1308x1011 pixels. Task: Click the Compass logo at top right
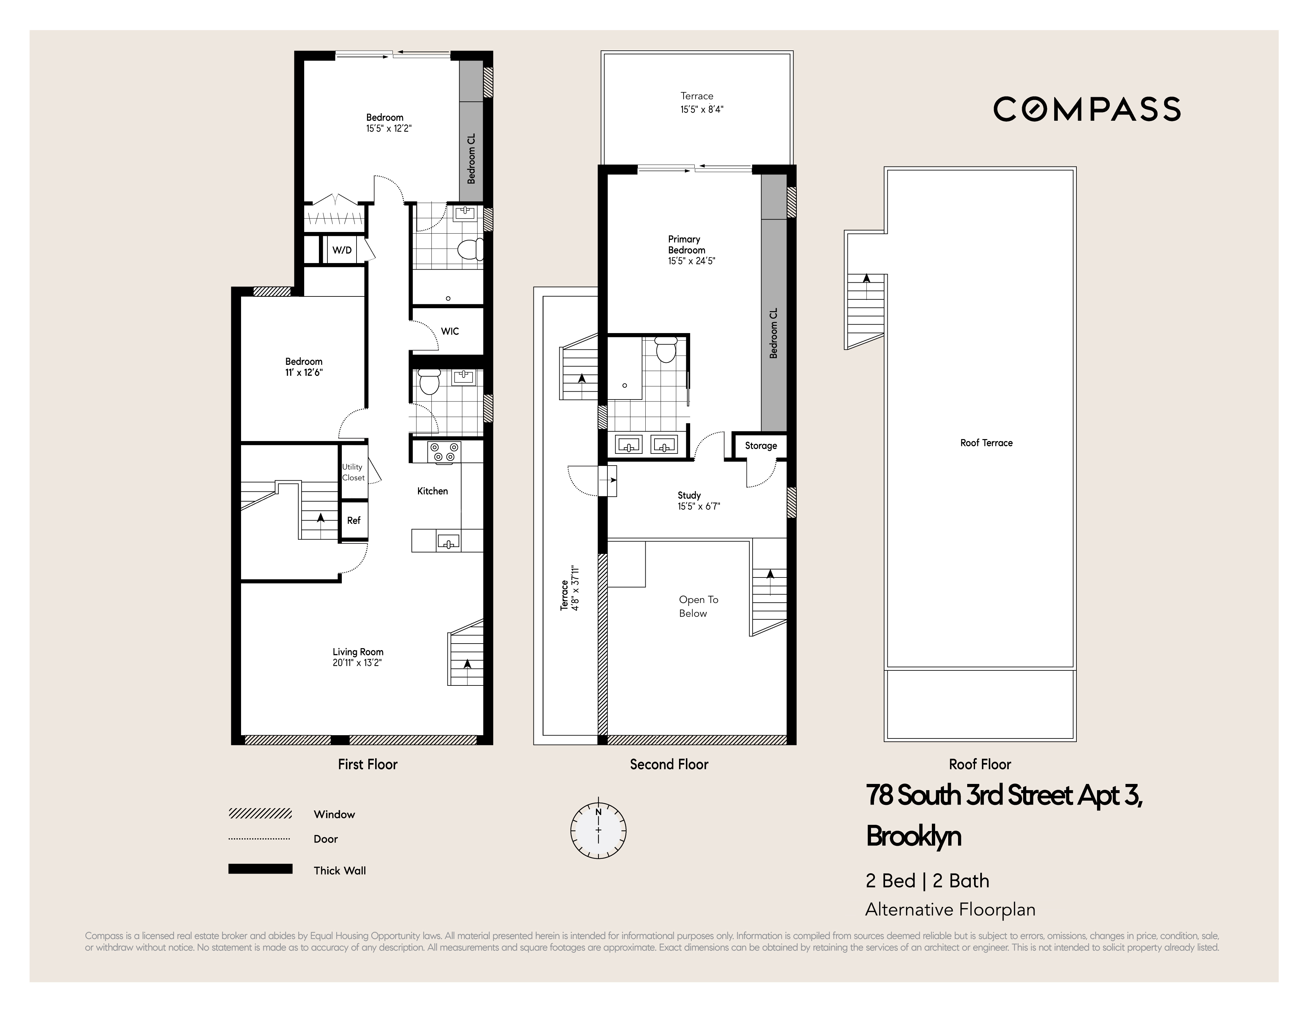click(x=1087, y=109)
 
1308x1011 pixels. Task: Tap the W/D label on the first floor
click(x=342, y=250)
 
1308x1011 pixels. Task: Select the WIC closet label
click(x=450, y=331)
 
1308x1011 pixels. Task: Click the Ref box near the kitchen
click(x=353, y=521)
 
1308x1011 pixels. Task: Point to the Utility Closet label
click(x=353, y=472)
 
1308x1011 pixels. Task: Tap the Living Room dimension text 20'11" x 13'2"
click(x=358, y=663)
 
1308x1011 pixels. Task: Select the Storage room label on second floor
click(x=760, y=446)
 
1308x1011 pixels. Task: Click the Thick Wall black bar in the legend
click(x=260, y=869)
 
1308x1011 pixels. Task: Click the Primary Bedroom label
click(x=686, y=244)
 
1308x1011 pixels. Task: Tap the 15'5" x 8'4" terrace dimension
click(x=702, y=110)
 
